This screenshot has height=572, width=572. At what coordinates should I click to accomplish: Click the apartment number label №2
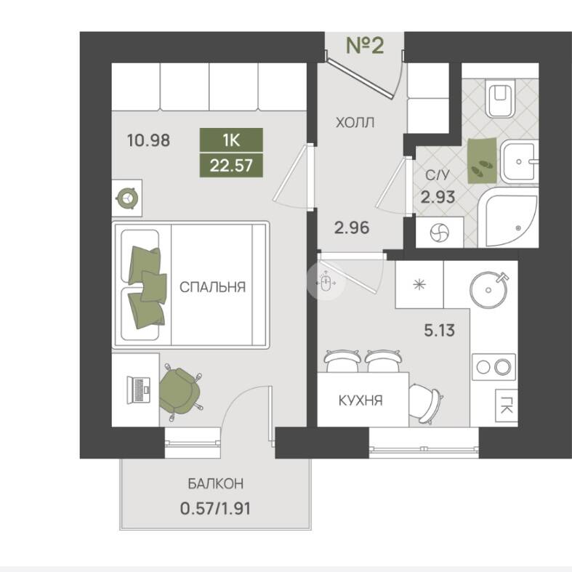click(365, 46)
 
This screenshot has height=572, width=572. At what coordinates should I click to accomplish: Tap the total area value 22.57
click(231, 166)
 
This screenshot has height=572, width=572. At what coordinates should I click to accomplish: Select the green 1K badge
click(231, 140)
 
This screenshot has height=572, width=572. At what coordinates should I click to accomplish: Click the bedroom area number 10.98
click(148, 140)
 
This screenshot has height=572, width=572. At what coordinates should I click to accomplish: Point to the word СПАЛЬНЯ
click(213, 287)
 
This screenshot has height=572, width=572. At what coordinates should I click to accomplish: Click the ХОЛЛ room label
click(355, 123)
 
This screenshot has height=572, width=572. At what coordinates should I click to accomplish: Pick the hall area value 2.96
click(352, 228)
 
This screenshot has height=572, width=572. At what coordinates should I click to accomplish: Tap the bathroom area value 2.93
click(438, 198)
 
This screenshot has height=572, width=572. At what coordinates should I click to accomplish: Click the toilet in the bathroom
click(500, 98)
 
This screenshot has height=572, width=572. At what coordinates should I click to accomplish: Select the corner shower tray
click(508, 218)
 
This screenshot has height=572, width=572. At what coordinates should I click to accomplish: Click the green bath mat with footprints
click(482, 160)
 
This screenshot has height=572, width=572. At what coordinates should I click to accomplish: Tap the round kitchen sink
click(489, 290)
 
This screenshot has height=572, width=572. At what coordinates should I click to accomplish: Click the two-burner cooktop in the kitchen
click(494, 367)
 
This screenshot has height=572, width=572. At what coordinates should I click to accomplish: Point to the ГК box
click(506, 405)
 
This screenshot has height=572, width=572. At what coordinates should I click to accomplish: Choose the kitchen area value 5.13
click(439, 331)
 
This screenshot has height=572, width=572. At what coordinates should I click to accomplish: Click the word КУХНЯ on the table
click(360, 401)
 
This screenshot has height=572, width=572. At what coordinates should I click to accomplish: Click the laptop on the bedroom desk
click(139, 390)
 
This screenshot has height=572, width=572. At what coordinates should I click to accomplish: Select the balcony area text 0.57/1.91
click(216, 509)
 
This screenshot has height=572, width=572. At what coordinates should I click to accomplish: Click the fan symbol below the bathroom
click(440, 233)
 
